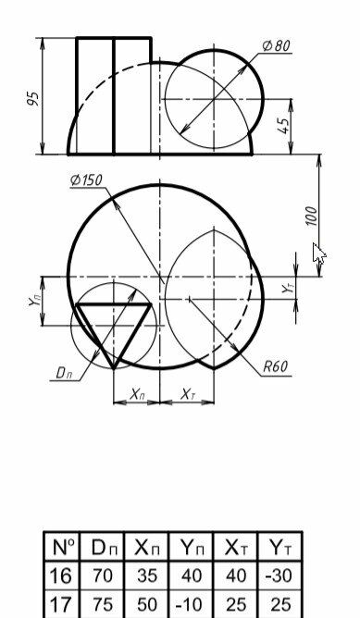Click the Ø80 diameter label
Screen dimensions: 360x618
[x=277, y=45]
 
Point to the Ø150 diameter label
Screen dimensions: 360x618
[x=86, y=180]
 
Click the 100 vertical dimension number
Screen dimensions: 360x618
[x=311, y=216]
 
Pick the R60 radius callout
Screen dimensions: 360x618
[x=275, y=367]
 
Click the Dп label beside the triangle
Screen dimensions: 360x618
[x=64, y=373]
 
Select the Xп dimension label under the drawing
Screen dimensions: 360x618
[x=137, y=394]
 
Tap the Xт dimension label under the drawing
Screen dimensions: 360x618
[x=188, y=394]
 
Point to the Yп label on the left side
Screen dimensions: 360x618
[x=34, y=302]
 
